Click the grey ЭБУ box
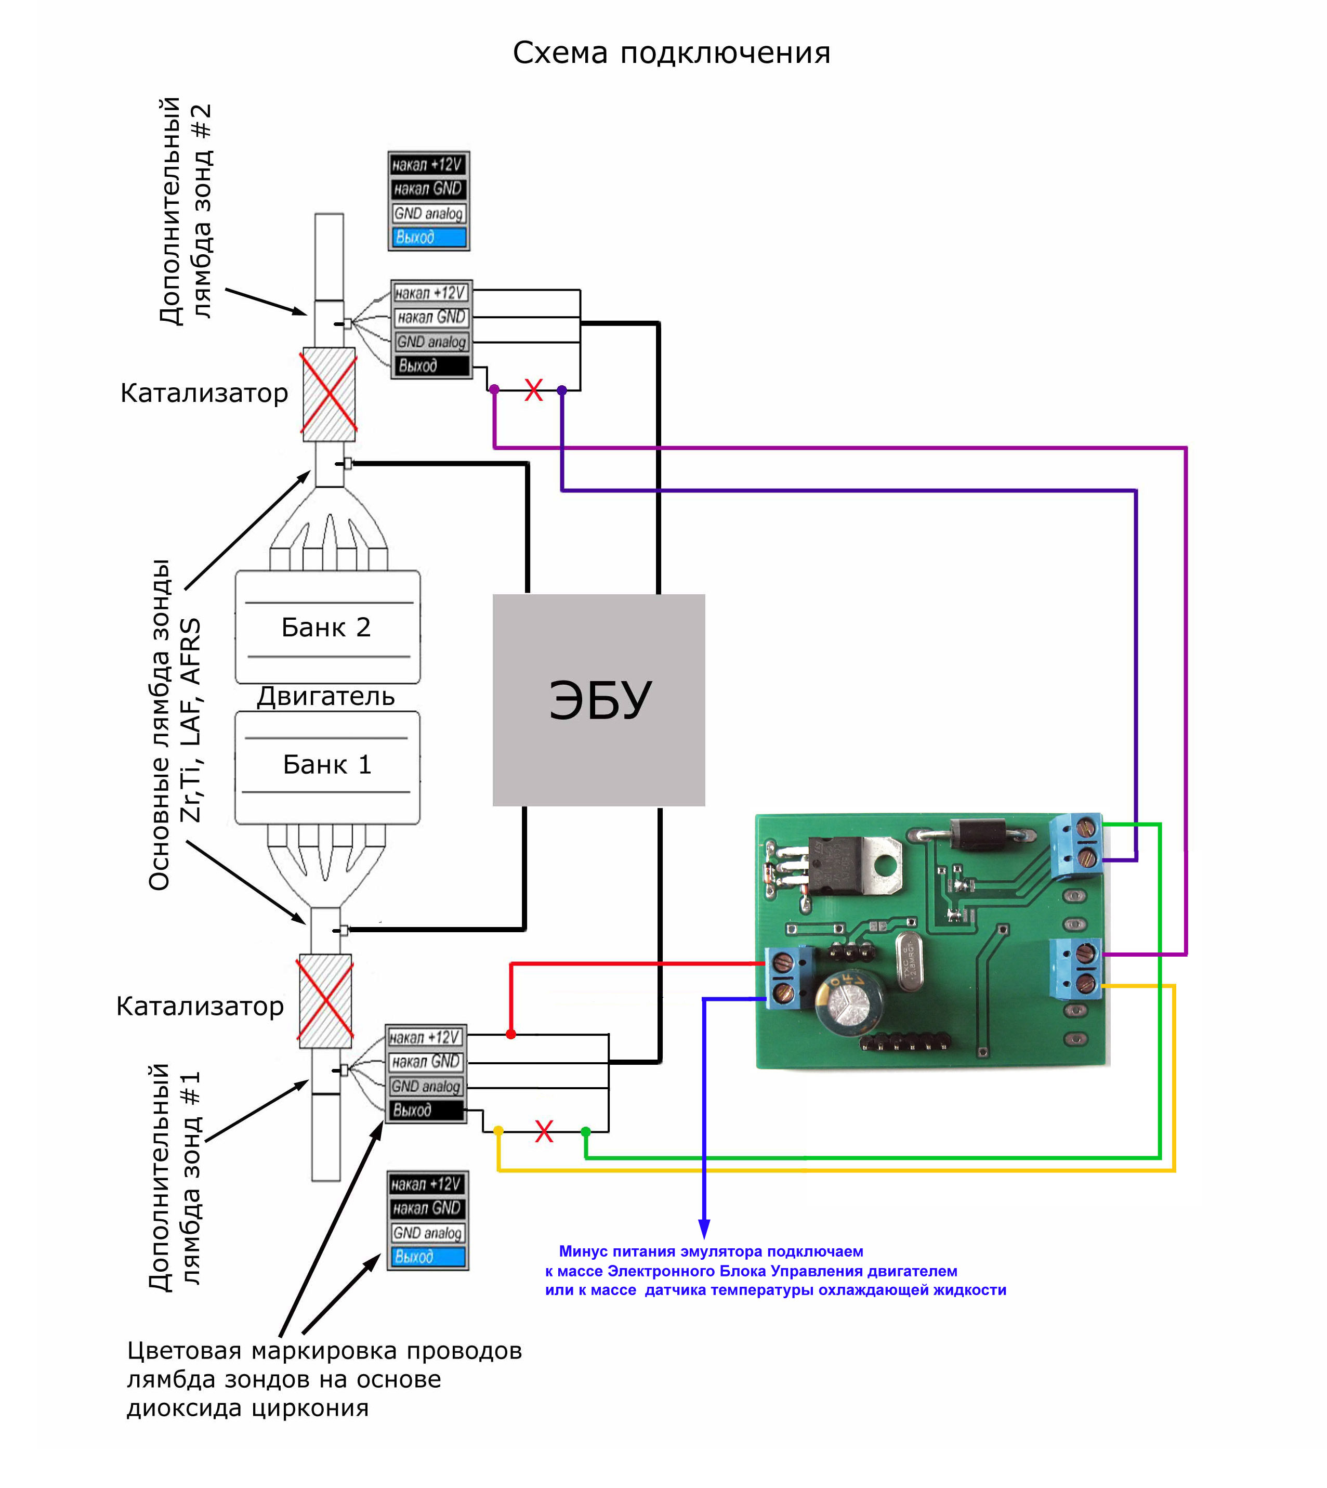(x=599, y=700)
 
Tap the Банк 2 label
(x=326, y=628)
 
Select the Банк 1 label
(x=326, y=764)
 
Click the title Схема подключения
(x=671, y=53)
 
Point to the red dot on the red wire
(x=510, y=1034)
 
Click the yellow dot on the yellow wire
(x=498, y=1131)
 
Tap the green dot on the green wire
(x=585, y=1131)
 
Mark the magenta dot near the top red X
(x=494, y=389)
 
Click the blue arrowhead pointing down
(x=704, y=1229)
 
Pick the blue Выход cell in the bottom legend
(x=427, y=1257)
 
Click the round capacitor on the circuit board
(x=850, y=996)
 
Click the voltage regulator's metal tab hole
(x=885, y=865)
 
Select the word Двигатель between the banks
(x=325, y=697)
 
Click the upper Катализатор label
(x=204, y=393)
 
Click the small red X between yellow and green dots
(x=544, y=1131)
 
